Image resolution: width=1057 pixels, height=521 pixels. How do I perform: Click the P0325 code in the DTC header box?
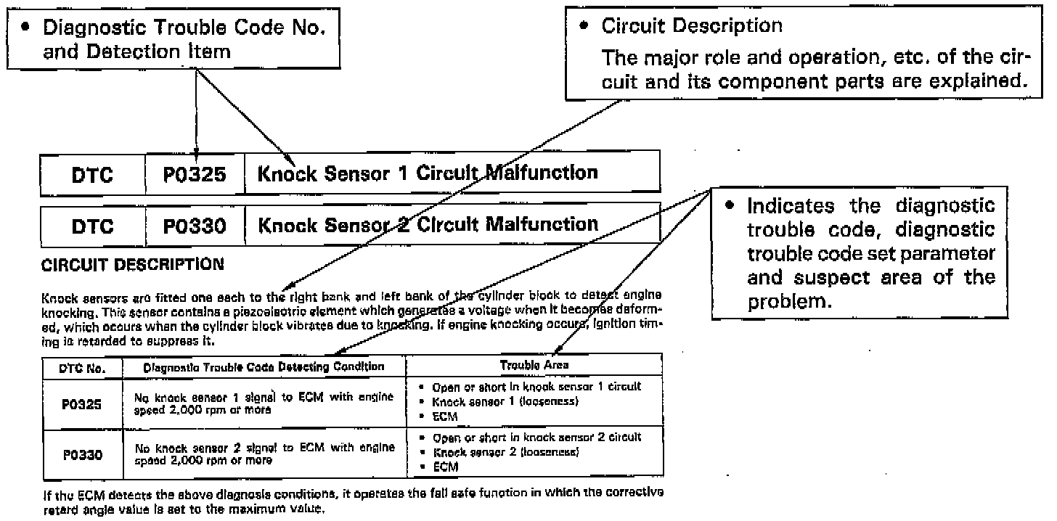[195, 175]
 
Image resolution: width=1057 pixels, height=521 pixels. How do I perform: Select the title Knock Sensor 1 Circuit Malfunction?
[428, 173]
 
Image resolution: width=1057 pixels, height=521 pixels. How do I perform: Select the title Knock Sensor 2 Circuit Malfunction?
[428, 224]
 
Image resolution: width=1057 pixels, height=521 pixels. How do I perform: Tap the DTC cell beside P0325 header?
[92, 175]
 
